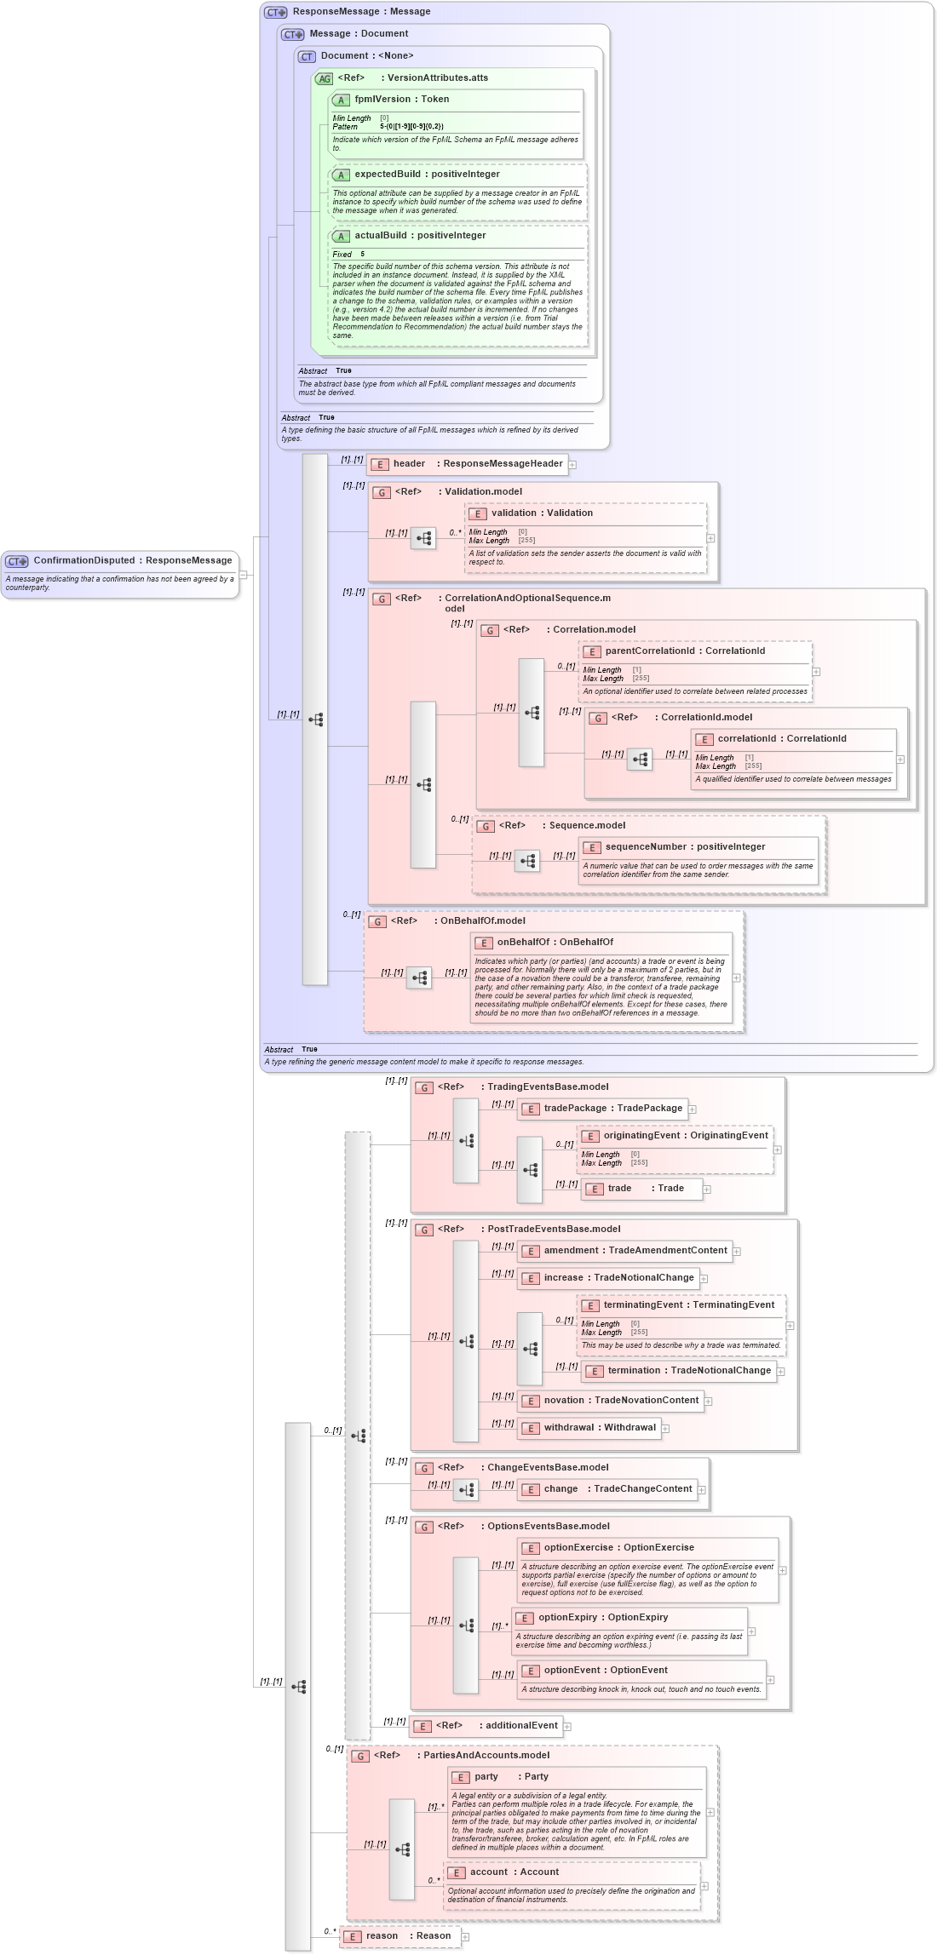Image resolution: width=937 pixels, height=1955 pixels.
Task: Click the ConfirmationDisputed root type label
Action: tap(132, 560)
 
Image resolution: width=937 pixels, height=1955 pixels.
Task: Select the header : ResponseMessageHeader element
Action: tap(477, 464)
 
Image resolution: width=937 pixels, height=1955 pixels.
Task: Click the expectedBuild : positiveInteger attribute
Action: tap(427, 175)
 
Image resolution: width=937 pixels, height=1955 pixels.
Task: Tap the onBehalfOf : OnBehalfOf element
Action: tap(555, 943)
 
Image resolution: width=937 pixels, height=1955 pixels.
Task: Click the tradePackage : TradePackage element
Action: tap(612, 1109)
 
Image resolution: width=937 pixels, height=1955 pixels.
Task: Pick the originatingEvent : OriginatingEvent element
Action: tap(685, 1136)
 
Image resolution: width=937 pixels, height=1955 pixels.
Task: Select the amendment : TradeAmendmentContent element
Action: tap(635, 1251)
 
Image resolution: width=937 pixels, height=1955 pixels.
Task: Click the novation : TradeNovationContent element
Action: tap(620, 1401)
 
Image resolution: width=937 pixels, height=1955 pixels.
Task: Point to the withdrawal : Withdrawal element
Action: tap(599, 1428)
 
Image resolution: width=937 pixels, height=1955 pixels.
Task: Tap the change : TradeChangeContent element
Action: tap(618, 1489)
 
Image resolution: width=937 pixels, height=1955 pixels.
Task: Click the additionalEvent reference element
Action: tap(520, 1726)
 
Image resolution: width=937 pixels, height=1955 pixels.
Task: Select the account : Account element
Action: tap(514, 1872)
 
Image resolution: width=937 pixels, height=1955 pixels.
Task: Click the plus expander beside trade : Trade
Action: tap(707, 1190)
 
